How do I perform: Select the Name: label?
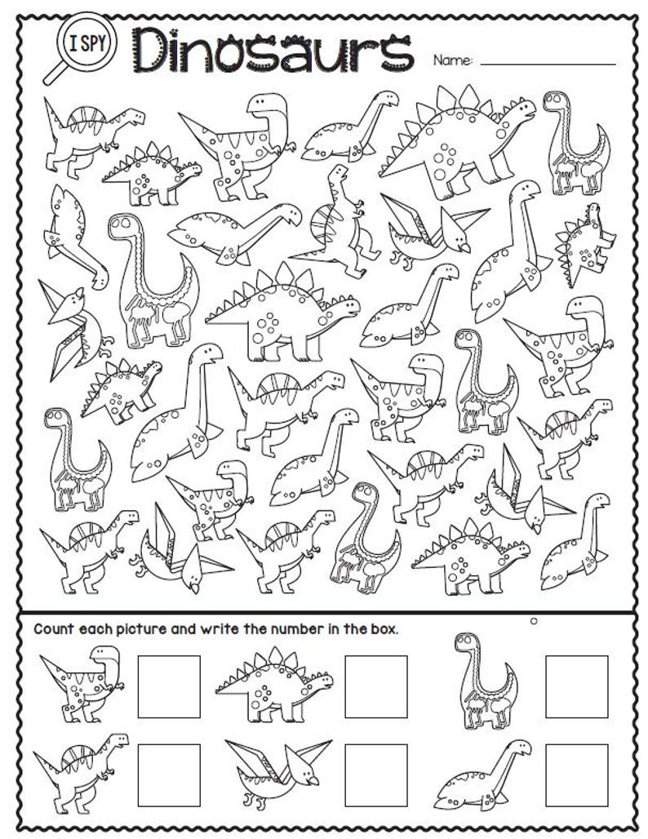click(452, 60)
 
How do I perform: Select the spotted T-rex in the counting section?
click(81, 684)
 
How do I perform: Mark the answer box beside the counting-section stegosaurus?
click(375, 686)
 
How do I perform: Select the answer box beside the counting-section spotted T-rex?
click(169, 686)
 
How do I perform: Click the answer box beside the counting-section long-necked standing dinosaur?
click(576, 686)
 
